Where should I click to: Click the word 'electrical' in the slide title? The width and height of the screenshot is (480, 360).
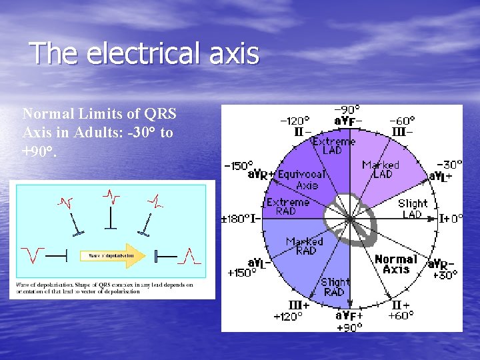click(x=152, y=54)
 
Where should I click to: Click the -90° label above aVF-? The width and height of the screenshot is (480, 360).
click(x=347, y=109)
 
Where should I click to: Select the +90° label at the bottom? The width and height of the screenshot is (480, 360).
click(x=349, y=327)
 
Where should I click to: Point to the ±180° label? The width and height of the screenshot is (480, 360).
click(x=235, y=218)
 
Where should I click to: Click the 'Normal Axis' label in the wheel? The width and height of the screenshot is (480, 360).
click(x=396, y=264)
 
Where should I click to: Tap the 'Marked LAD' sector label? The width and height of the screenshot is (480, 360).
click(x=381, y=169)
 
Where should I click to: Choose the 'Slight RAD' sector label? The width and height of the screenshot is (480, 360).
click(x=334, y=287)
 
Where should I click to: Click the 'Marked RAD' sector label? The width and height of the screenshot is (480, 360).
click(x=305, y=246)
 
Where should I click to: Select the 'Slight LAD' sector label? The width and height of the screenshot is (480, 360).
click(x=413, y=209)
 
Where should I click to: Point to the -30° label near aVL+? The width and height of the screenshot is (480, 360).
click(x=449, y=165)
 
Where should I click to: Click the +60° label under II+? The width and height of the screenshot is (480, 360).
click(x=401, y=315)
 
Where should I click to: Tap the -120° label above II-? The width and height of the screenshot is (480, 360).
click(x=295, y=121)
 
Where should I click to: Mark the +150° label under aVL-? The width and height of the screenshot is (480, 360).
click(x=241, y=273)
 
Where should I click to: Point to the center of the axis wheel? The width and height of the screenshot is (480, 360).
click(x=349, y=219)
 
